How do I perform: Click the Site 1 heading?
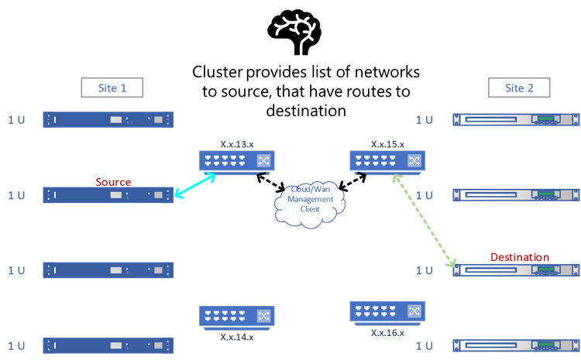[x=112, y=88]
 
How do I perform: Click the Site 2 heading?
[x=519, y=88]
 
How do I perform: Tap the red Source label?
[x=114, y=181]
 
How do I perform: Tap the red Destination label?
[x=520, y=256]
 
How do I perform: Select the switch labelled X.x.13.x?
[x=237, y=161]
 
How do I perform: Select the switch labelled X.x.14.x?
[x=237, y=316]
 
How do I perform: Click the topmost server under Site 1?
[x=108, y=119]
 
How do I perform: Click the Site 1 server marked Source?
[x=108, y=195]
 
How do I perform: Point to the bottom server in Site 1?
[x=108, y=345]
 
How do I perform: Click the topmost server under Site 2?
[x=515, y=119]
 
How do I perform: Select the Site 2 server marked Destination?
[x=515, y=270]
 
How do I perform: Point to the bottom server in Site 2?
[x=515, y=345]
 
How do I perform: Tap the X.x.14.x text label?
[x=237, y=337]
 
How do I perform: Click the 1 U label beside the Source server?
[x=16, y=195]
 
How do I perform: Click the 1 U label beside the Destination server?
[x=424, y=270]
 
